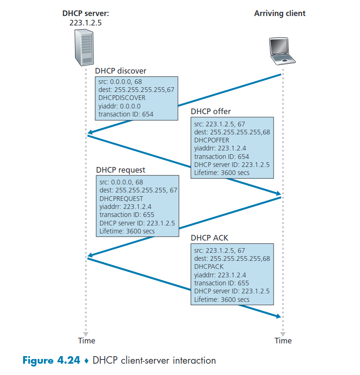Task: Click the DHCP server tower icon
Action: (85, 48)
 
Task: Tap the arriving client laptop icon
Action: (282, 50)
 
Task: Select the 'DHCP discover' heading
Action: (121, 71)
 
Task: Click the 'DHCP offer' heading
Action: (211, 111)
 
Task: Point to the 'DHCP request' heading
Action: (121, 170)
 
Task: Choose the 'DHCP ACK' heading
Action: (209, 238)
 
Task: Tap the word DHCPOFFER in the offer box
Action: (212, 140)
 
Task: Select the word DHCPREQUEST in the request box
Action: (121, 199)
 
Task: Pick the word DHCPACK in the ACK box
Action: (208, 266)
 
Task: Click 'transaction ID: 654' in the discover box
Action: (126, 114)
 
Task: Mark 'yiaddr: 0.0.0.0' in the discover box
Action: (120, 106)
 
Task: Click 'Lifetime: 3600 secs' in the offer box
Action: (222, 173)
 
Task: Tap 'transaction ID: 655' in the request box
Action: (126, 215)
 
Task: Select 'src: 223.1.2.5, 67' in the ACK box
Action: (219, 250)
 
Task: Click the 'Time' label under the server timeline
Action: (86, 341)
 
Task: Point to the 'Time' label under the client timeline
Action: (283, 341)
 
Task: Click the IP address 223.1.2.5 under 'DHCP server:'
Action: (85, 22)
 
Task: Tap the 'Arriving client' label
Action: (280, 13)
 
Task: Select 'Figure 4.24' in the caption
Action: (51, 361)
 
